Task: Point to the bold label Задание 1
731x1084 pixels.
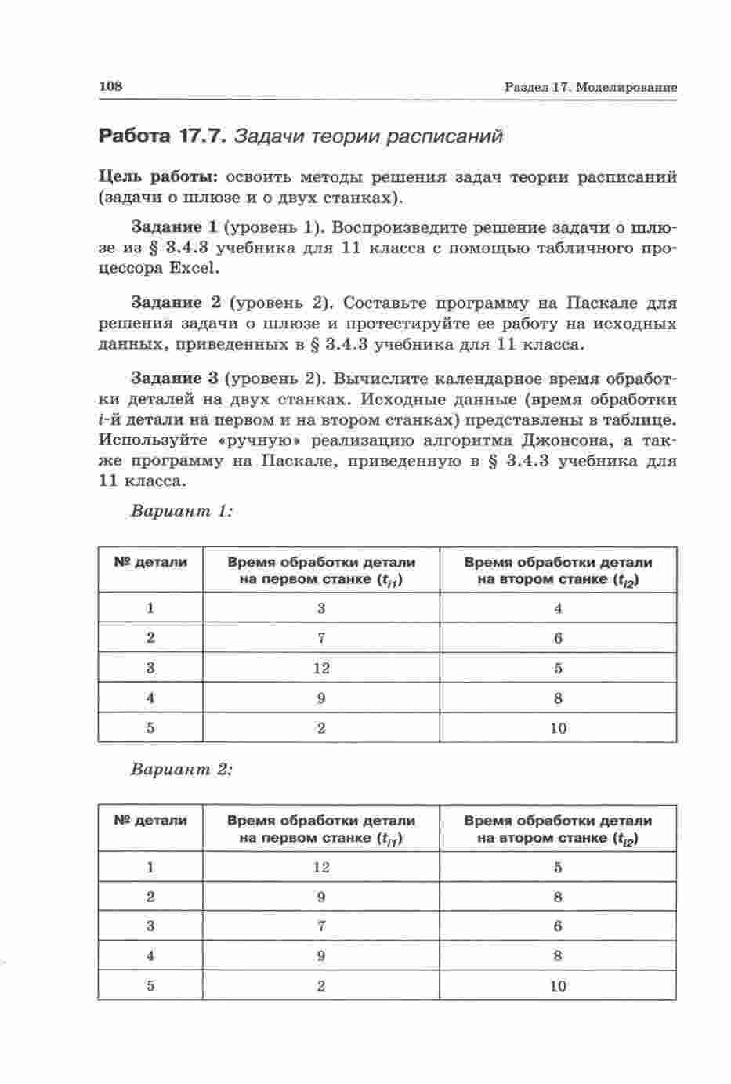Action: [x=173, y=227]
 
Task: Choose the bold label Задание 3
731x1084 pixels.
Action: [x=173, y=379]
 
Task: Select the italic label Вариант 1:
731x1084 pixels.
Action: [x=181, y=511]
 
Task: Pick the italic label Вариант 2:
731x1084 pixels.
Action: [x=181, y=769]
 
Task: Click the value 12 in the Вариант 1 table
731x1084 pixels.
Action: [x=321, y=669]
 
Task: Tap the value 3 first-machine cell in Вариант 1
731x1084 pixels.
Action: [x=321, y=608]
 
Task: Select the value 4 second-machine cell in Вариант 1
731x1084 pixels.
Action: [x=558, y=608]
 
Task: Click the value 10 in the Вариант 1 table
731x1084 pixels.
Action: [x=558, y=728]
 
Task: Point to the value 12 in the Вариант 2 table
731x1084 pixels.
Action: [x=321, y=868]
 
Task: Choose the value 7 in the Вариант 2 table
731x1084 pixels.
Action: [x=321, y=926]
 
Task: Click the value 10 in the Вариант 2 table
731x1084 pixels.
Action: [x=558, y=986]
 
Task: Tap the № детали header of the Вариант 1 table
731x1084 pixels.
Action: [x=150, y=562]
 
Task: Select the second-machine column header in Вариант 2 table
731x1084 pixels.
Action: [x=558, y=830]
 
